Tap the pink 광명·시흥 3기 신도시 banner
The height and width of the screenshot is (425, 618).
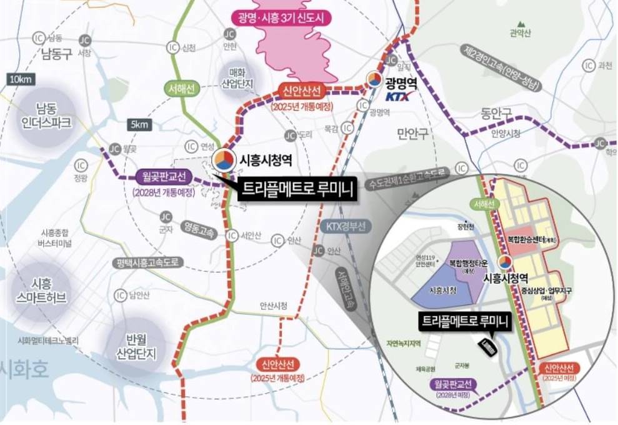click(282, 16)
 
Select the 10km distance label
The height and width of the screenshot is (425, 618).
click(21, 79)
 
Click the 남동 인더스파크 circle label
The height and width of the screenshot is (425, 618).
click(44, 115)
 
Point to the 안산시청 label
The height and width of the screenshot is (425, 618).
click(274, 306)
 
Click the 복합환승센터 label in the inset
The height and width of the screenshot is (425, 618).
click(531, 239)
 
